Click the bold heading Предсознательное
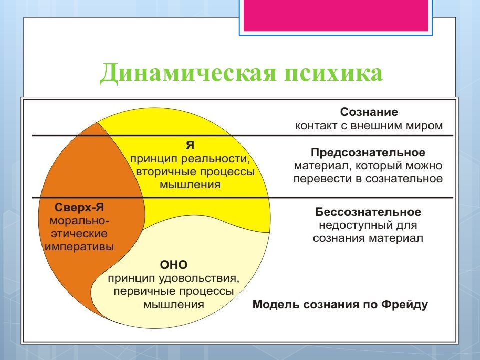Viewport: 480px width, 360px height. [368, 151]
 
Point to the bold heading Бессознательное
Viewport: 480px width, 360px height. [368, 212]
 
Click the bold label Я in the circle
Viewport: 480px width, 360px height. [190, 145]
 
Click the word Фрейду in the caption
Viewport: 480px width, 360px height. [402, 304]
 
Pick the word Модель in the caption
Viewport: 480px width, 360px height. [273, 304]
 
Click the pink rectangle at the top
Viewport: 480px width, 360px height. [335, 15]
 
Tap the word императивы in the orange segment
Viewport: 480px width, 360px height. [79, 246]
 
